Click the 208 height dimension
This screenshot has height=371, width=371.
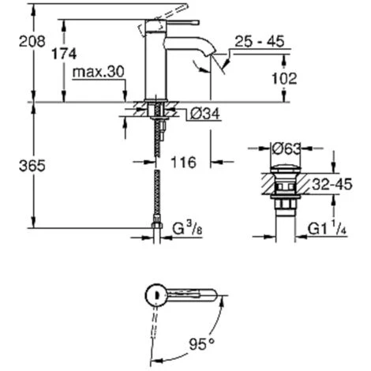[32, 42]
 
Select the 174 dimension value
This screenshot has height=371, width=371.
[64, 54]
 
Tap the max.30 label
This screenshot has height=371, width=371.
[98, 72]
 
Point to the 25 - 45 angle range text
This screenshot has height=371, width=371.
[260, 42]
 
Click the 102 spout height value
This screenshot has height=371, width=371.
[284, 78]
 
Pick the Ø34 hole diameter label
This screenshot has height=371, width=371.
[205, 114]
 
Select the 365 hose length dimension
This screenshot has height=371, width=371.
[32, 166]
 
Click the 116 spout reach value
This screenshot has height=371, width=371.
[184, 162]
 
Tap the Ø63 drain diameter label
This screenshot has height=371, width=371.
[286, 149]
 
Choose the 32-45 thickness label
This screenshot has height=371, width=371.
[332, 184]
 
